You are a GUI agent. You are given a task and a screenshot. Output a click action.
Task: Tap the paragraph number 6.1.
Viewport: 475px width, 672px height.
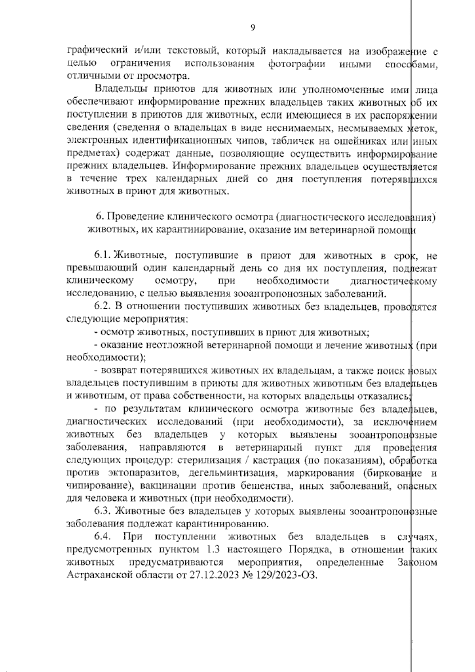click(x=102, y=256)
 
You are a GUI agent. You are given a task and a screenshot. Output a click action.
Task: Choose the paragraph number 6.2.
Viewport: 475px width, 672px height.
click(x=103, y=307)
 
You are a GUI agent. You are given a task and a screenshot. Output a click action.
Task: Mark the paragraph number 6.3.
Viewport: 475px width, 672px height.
click(x=102, y=511)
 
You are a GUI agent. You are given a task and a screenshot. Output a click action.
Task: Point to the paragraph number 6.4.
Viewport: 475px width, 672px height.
click(x=103, y=537)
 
